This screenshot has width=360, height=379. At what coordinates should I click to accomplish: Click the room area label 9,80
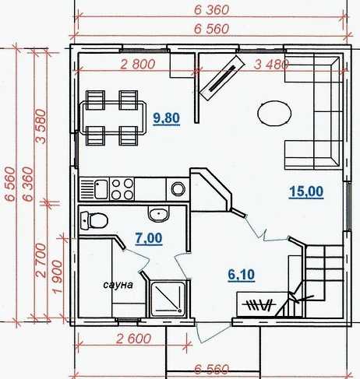point(167,118)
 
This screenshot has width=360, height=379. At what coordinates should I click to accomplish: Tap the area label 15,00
point(306,191)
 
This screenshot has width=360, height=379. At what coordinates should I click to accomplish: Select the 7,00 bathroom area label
point(149,238)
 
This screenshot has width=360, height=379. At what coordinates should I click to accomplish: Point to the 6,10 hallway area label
point(242,275)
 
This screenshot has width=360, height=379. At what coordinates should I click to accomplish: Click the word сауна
point(118,285)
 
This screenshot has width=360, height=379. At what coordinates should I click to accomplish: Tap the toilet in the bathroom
point(94,221)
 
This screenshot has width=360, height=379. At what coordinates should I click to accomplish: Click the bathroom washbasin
point(158,214)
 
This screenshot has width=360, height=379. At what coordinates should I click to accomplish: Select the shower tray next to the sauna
point(168,299)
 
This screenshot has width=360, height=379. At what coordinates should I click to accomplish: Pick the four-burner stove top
point(122,189)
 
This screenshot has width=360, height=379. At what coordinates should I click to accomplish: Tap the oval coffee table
point(274,114)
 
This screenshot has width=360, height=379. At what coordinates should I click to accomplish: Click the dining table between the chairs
point(113,118)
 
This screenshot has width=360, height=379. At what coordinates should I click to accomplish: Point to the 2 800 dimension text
point(138,65)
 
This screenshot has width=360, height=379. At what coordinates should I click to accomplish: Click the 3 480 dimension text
point(271,65)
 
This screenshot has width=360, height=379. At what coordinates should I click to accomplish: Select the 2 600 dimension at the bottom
point(133,339)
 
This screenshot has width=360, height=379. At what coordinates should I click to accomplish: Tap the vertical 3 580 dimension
point(41,126)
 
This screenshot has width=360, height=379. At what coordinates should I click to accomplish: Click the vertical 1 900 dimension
point(58,277)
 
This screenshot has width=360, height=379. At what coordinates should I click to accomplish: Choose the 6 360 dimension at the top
point(212,10)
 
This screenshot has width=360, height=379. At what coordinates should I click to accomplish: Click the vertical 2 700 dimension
point(41,260)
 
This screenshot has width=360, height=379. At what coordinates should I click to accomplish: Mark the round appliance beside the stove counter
point(178,188)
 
